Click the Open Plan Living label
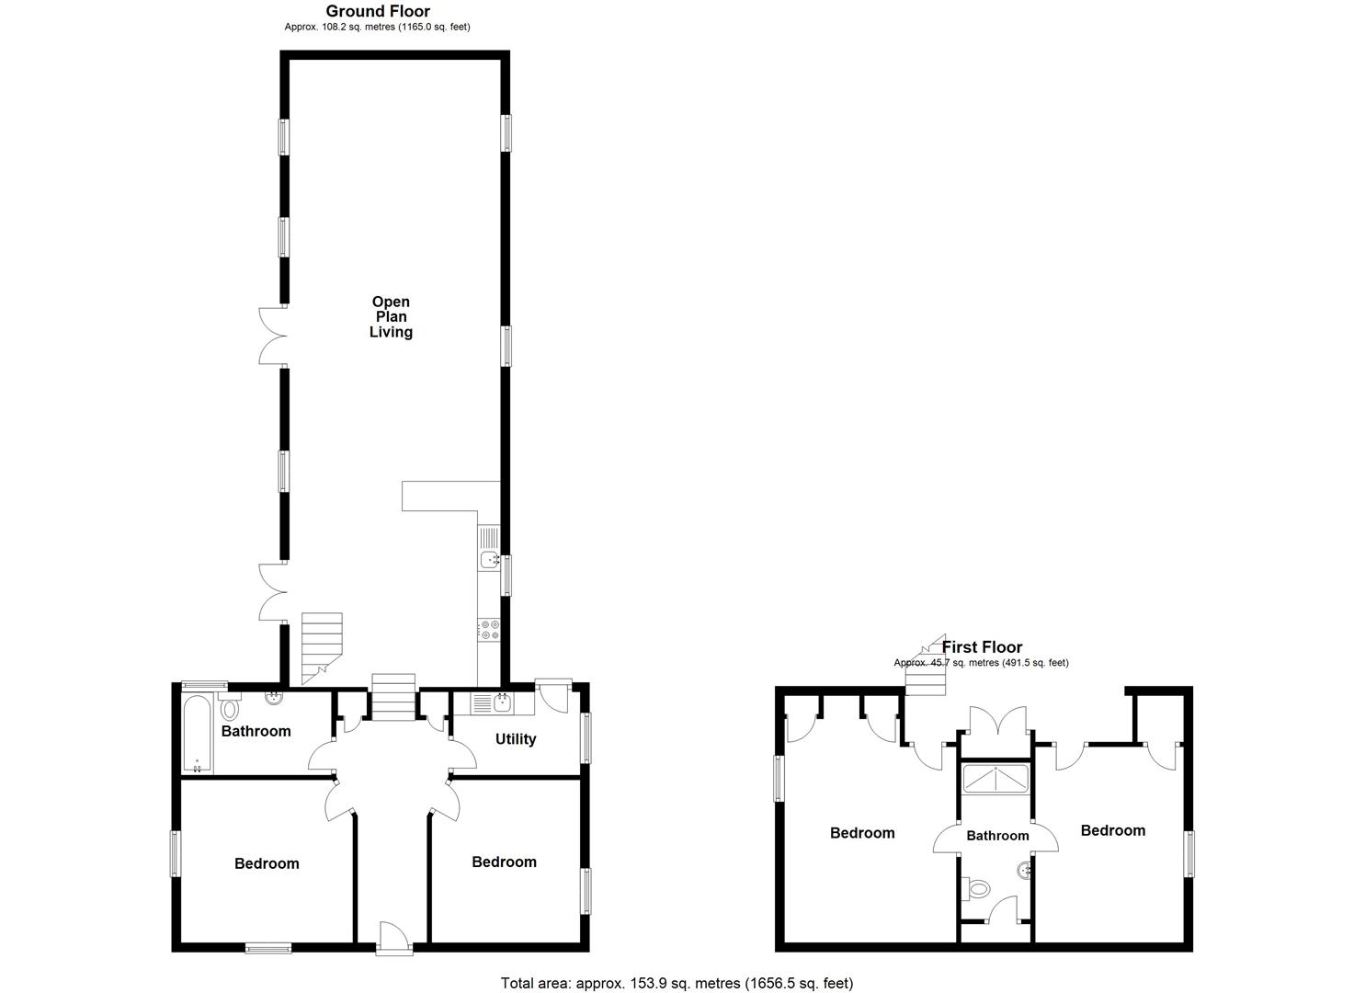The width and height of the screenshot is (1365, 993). [x=391, y=317]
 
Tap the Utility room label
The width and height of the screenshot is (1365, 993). [x=515, y=739]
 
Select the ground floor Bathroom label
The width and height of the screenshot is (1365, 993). [x=256, y=732]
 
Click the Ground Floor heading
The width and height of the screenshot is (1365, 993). [x=378, y=12]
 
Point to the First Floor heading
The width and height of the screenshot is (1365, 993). [x=982, y=647]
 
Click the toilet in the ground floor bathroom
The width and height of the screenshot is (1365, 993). [x=228, y=708]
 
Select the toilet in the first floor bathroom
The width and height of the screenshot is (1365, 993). [x=979, y=888]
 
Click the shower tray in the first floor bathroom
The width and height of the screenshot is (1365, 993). [x=995, y=779]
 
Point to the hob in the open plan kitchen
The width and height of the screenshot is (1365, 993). [x=488, y=630]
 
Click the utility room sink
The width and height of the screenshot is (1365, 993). [x=501, y=704]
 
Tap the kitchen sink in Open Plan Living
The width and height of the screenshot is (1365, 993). [x=488, y=558]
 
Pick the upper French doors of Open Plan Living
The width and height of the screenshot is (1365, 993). [x=272, y=336]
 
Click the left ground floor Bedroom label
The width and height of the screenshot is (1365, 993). [x=267, y=863]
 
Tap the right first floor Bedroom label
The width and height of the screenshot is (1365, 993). [x=1112, y=831]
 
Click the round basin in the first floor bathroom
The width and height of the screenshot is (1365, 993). [x=1023, y=869]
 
